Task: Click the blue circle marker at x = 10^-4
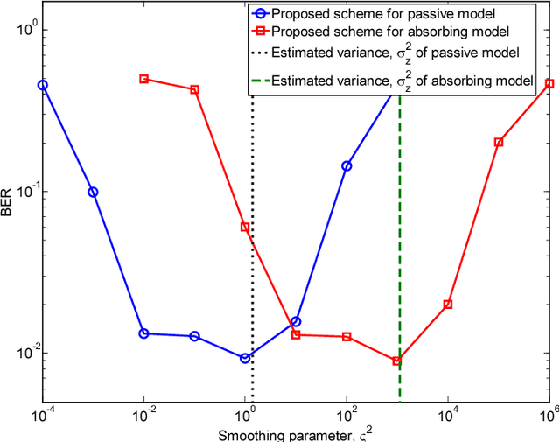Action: click(x=43, y=86)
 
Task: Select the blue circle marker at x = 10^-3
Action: click(x=93, y=193)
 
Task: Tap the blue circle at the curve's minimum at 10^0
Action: click(x=245, y=358)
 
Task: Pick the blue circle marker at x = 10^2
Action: click(x=346, y=165)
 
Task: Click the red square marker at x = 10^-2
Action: click(x=144, y=79)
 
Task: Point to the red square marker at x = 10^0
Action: click(x=245, y=227)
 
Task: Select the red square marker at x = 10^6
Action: click(x=549, y=83)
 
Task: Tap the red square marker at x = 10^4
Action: click(x=448, y=305)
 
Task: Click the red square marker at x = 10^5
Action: click(x=499, y=142)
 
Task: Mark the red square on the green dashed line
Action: click(x=397, y=361)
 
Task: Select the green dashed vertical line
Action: click(x=400, y=219)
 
